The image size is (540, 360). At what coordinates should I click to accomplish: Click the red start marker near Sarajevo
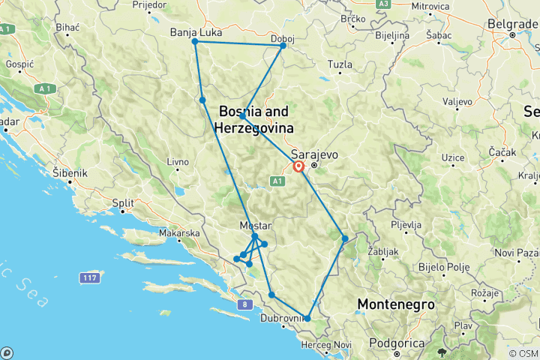click(x=298, y=167)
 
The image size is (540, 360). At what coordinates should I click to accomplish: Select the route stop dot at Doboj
click(x=283, y=46)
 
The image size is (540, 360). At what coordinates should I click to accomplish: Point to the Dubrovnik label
click(x=281, y=317)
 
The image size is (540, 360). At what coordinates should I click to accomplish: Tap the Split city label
click(x=124, y=203)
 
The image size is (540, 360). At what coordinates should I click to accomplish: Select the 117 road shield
click(x=91, y=278)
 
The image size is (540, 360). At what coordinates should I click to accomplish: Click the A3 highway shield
click(x=384, y=4)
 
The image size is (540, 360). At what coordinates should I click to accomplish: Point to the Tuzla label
click(x=340, y=64)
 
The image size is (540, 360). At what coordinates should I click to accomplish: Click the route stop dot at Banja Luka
click(x=195, y=41)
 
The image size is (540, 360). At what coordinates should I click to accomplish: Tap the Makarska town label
click(x=178, y=233)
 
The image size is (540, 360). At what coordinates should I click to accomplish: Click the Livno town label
click(x=178, y=161)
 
